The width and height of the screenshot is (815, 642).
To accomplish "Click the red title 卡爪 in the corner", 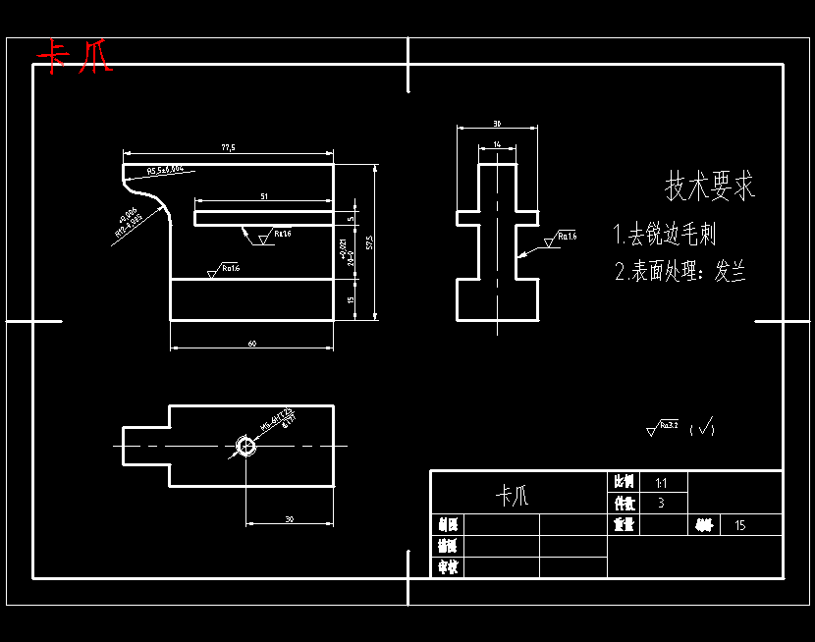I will click(x=75, y=57).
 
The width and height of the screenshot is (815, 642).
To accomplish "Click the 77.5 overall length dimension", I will click(x=228, y=147).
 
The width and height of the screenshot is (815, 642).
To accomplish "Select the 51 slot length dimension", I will click(x=263, y=196).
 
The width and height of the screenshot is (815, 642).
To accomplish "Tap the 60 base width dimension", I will click(x=252, y=344).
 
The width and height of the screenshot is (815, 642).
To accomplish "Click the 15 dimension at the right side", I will click(x=352, y=300).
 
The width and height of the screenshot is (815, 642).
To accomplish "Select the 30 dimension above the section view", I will click(x=497, y=124).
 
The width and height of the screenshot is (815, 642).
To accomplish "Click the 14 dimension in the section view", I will click(x=497, y=144).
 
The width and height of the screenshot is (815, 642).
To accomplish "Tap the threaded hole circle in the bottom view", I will click(x=245, y=447).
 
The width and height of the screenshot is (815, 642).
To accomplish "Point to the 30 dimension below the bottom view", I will click(x=289, y=518).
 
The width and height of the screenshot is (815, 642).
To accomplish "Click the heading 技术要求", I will click(x=711, y=185).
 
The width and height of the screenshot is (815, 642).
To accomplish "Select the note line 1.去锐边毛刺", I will click(x=678, y=235).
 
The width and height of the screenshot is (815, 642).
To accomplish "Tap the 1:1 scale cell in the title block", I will click(x=661, y=483).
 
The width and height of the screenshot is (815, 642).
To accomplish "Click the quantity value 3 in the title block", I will click(x=661, y=503).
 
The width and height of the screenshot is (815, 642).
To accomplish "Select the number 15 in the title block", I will click(x=739, y=525).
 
